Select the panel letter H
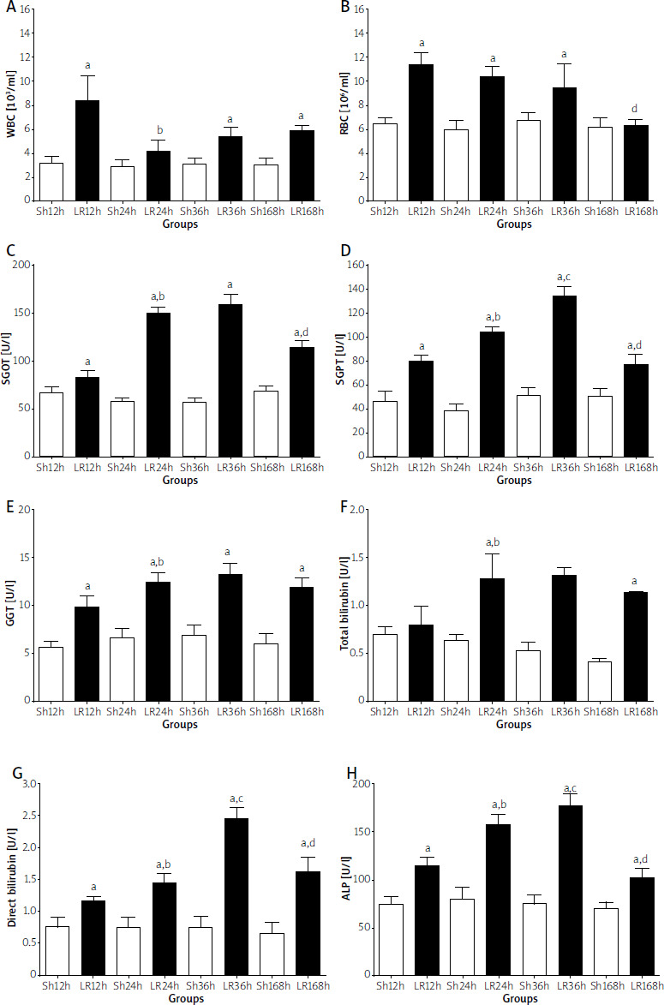[346, 775]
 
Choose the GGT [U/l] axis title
[11, 605]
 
